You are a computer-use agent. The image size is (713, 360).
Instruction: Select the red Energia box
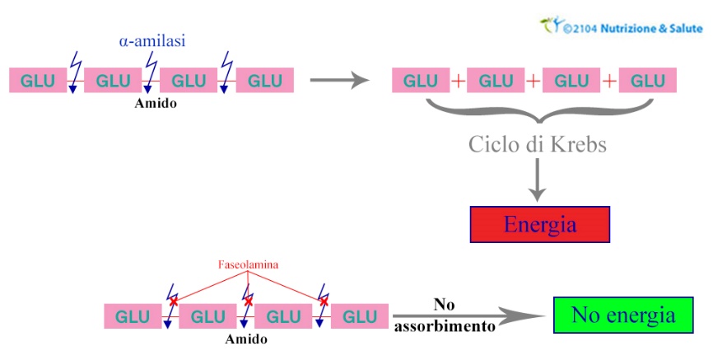[539, 225]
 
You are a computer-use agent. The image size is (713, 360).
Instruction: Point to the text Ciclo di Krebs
[538, 145]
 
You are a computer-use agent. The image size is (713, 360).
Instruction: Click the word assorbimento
[445, 326]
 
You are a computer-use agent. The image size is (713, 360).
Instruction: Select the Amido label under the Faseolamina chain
[246, 339]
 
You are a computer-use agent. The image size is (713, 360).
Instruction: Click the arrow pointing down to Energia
[538, 181]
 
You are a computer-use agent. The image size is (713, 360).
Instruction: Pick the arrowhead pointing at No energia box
[526, 316]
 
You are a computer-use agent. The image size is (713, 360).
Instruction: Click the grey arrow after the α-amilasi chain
[338, 81]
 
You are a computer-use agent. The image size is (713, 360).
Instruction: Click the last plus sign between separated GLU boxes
[609, 81]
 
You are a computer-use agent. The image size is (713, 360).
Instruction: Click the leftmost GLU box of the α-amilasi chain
[38, 81]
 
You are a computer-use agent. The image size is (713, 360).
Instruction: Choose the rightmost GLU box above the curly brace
[648, 81]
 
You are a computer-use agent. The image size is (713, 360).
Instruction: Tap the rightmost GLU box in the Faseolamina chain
[360, 316]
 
